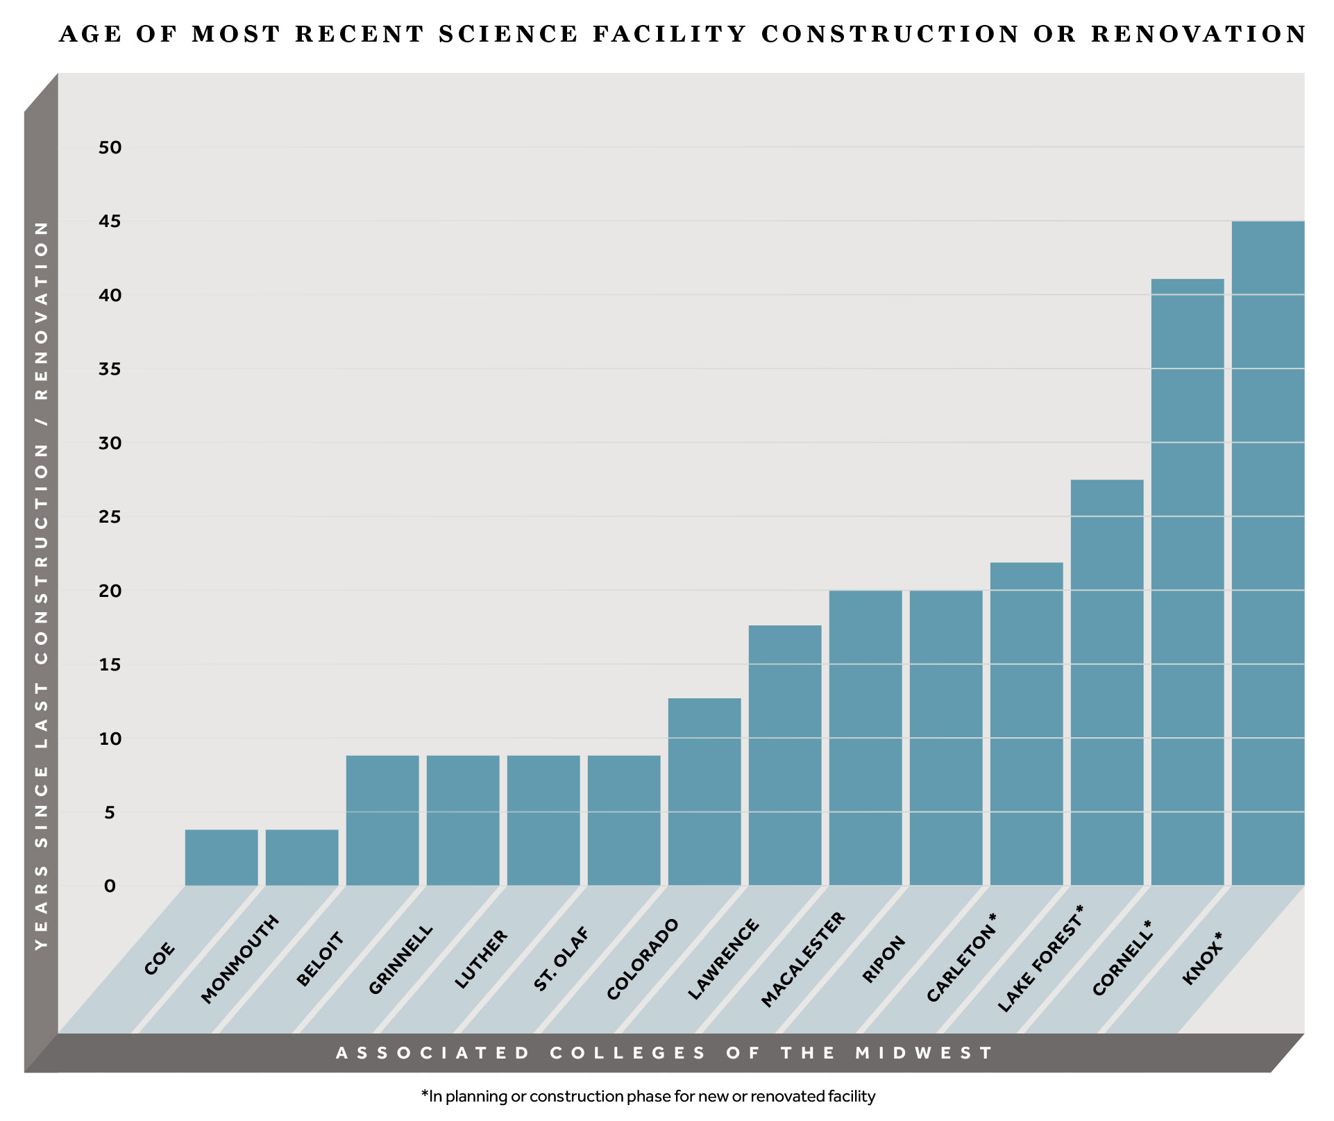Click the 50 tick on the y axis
click(110, 147)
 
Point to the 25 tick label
click(110, 517)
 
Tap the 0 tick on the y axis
click(110, 886)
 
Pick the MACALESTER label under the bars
click(803, 959)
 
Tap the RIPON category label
click(884, 959)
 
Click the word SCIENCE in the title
click(508, 34)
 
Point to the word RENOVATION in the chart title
click(1198, 34)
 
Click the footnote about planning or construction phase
click(648, 1097)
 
